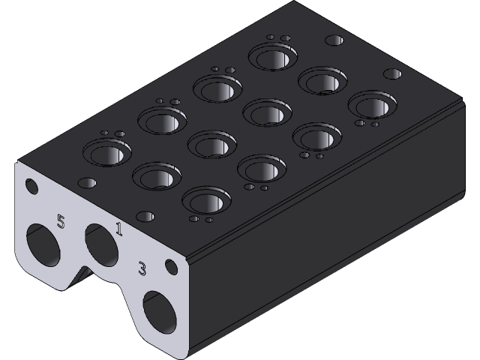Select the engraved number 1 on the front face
click(x=118, y=229)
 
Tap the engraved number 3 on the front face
click(x=142, y=268)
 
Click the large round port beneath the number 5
click(x=43, y=245)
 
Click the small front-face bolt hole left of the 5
click(x=31, y=185)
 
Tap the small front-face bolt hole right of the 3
click(x=172, y=265)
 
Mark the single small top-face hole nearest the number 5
click(x=87, y=183)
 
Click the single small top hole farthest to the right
click(x=392, y=74)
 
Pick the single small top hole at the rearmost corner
click(x=336, y=40)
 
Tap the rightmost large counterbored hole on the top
click(x=369, y=104)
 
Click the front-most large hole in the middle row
click(x=155, y=177)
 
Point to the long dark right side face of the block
click(x=330, y=225)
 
